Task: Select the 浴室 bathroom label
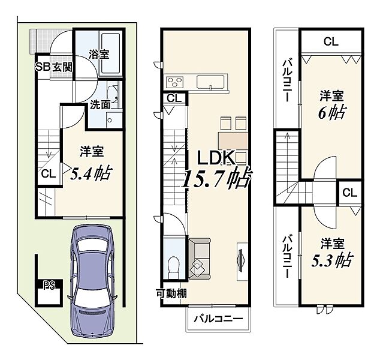tap(99, 54)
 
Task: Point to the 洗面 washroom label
tap(100, 105)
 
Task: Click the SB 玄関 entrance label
tap(54, 67)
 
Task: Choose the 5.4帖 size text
tap(91, 173)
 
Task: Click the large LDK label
tap(216, 158)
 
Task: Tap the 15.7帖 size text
tap(217, 179)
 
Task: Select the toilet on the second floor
tap(174, 268)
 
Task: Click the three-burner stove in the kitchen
tap(174, 82)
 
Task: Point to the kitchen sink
tap(210, 82)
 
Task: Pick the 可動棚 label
tap(171, 294)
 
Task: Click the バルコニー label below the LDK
tap(218, 319)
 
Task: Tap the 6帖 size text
tap(332, 112)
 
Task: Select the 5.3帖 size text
tap(331, 260)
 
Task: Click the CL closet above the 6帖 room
tap(331, 42)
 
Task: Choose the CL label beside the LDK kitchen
tap(174, 98)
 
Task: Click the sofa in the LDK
tap(200, 259)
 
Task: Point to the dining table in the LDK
tap(233, 141)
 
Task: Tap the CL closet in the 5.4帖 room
tap(49, 174)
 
